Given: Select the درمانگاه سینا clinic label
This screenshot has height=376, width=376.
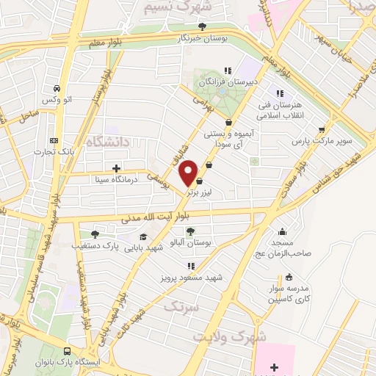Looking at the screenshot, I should tap(117, 178).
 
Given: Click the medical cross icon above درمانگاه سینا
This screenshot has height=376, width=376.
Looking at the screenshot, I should tap(116, 168).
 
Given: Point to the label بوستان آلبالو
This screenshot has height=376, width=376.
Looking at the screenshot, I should tap(190, 242).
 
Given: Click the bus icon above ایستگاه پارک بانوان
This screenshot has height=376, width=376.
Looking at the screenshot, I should tap(68, 351).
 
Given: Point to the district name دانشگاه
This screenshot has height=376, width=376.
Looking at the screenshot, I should tap(109, 140).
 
